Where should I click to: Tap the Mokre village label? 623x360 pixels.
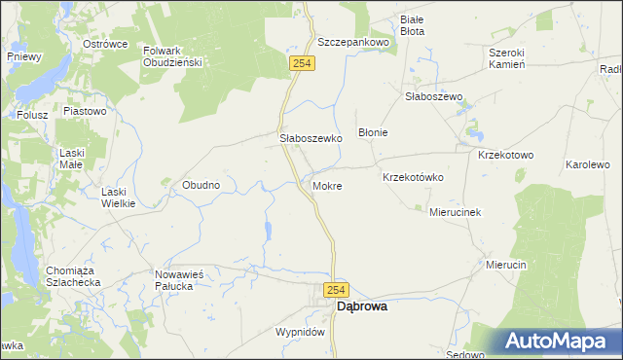point(327,185)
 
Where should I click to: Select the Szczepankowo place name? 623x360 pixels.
point(353,43)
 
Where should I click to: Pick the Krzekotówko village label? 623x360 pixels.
point(414,177)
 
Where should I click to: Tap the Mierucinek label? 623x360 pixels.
point(457,211)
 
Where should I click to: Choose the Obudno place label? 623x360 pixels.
point(201,184)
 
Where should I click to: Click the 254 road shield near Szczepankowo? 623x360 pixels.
point(301,62)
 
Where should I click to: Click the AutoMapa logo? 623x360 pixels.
point(557,342)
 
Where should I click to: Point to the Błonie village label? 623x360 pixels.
point(374,132)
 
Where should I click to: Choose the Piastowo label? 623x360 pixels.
point(84,112)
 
